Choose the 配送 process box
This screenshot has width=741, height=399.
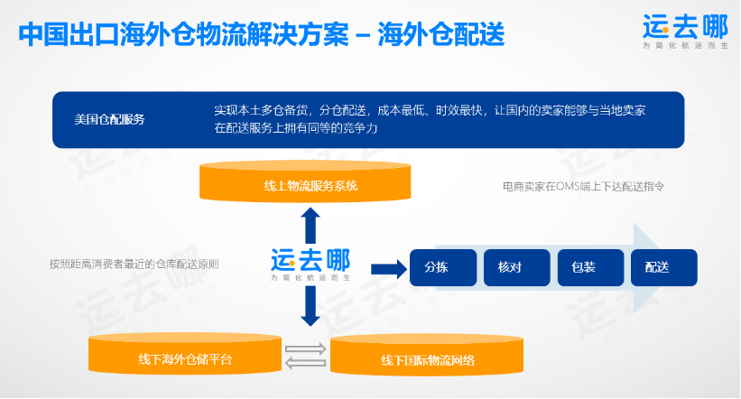tap(657, 267)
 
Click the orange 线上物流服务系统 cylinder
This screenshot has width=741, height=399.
tap(305, 185)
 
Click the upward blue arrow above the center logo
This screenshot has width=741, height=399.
tap(310, 224)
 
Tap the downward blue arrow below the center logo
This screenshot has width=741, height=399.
tap(310, 310)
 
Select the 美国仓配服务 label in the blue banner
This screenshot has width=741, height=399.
tap(109, 119)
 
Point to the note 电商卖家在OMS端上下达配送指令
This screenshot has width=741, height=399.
tap(583, 187)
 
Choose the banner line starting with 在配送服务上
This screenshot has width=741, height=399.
tap(295, 128)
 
